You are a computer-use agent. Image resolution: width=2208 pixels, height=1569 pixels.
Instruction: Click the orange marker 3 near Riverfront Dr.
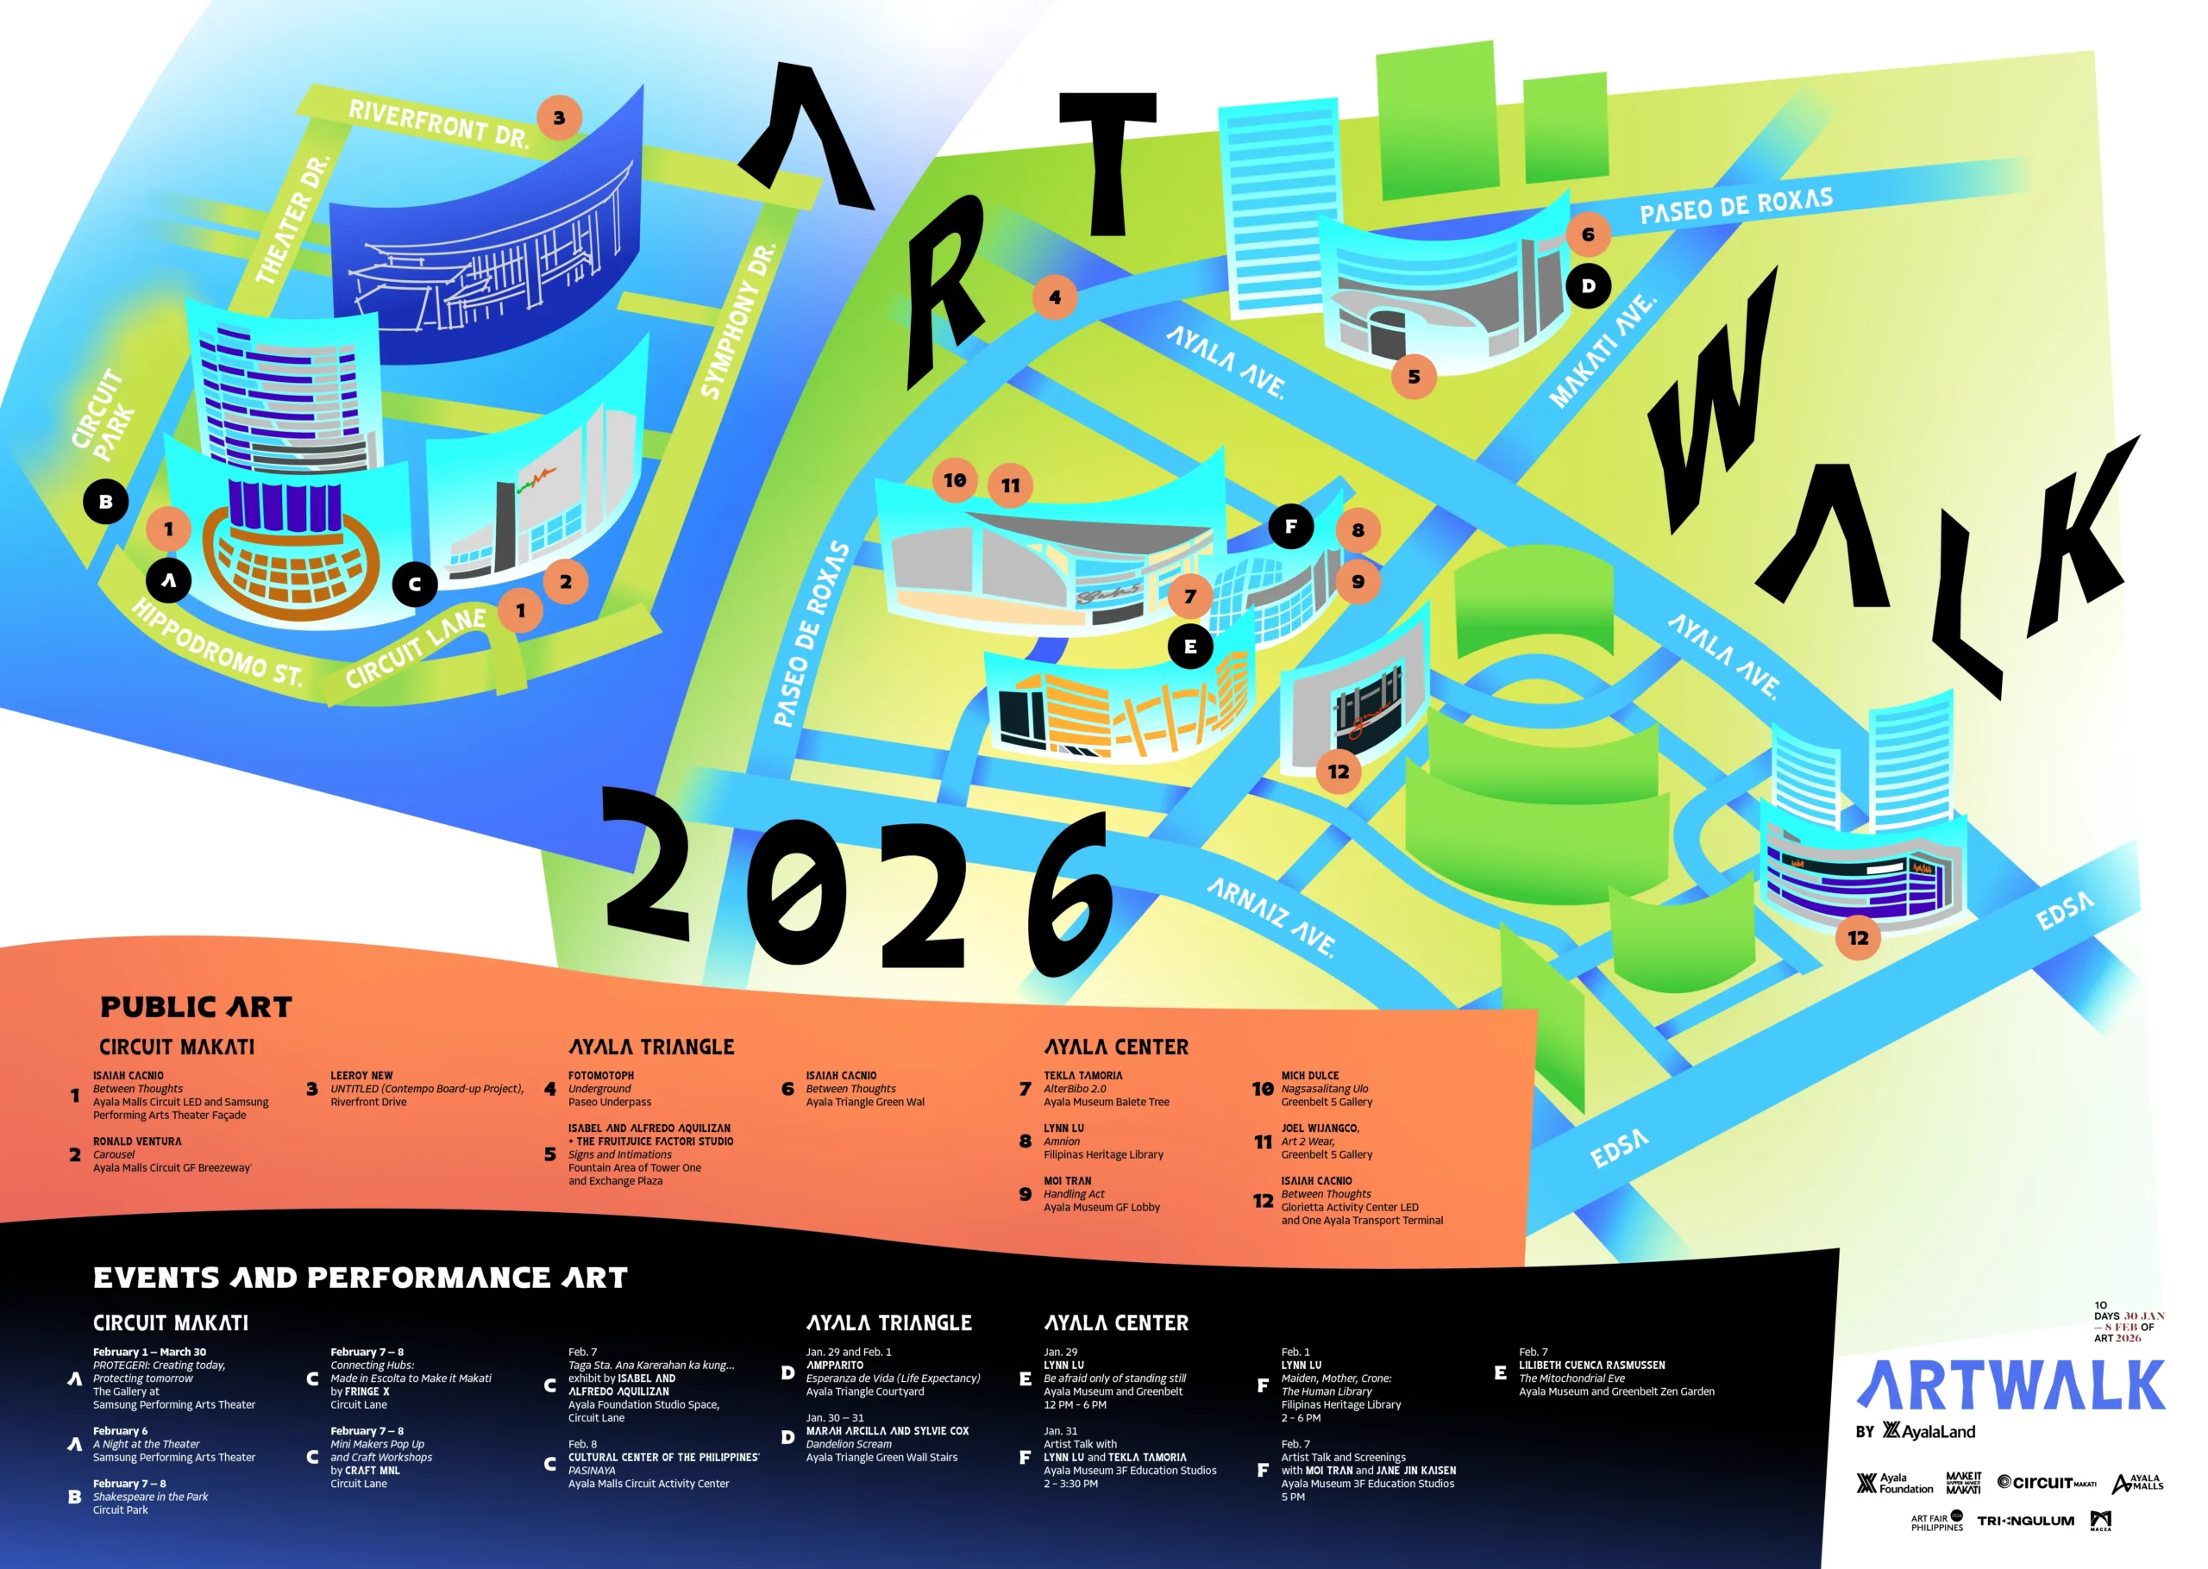coord(559,118)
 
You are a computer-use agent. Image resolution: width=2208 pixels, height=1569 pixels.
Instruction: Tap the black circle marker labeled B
coord(106,502)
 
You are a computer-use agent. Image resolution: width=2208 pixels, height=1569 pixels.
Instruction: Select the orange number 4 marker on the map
coord(1054,297)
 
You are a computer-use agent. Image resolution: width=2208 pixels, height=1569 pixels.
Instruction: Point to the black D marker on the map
coord(1588,286)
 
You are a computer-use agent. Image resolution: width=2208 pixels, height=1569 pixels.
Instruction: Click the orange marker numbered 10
coord(955,480)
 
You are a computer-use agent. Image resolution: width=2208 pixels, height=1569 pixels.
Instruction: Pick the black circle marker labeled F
coord(1290,527)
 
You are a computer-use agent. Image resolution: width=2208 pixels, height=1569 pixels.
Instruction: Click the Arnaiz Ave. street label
coord(1271,916)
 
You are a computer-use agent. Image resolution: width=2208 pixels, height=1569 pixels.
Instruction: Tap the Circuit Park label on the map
coord(105,413)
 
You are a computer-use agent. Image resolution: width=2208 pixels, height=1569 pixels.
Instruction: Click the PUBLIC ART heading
coord(196,1008)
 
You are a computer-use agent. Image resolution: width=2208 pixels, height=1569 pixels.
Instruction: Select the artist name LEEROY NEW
coord(361,1075)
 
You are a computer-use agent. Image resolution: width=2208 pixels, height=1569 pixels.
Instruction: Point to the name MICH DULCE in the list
coord(1309,1075)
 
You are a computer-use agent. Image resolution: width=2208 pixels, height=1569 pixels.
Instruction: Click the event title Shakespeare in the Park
coord(150,1497)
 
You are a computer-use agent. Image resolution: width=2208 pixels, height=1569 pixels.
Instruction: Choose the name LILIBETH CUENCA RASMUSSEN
coord(1591,1366)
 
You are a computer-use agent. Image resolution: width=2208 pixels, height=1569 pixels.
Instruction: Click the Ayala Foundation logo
coord(1894,1483)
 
